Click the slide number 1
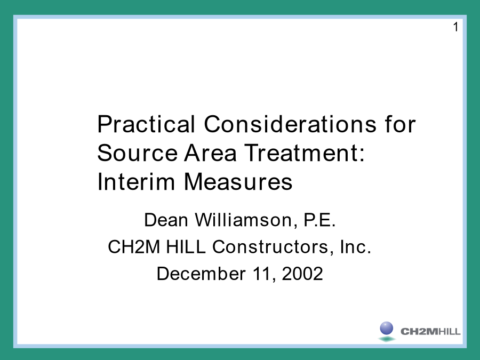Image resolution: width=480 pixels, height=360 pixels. (456, 27)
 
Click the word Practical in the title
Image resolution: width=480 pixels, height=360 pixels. (146, 124)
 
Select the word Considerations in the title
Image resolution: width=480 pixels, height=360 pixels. (290, 124)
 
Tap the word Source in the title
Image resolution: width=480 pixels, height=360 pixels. (138, 153)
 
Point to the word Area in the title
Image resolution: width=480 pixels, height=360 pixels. (211, 153)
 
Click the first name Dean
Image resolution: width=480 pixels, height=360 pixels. (166, 220)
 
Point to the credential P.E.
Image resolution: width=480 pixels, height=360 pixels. (319, 220)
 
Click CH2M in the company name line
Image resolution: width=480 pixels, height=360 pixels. (134, 247)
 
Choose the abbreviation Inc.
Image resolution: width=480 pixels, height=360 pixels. (355, 247)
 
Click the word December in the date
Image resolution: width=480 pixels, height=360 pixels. (201, 274)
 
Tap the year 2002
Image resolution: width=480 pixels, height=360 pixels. (302, 274)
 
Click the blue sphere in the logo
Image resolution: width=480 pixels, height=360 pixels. (387, 328)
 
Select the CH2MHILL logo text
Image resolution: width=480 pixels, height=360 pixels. (430, 332)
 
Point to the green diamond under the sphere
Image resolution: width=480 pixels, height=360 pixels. (387, 339)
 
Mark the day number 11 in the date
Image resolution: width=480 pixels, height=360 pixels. (262, 274)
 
